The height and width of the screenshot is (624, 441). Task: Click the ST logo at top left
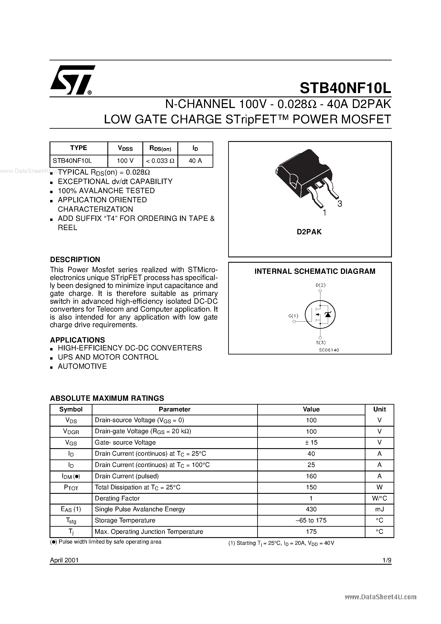(72, 80)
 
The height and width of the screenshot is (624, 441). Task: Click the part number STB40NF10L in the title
(345, 88)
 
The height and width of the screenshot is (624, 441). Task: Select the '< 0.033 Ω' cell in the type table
(160, 161)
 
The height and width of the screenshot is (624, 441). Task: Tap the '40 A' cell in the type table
(195, 161)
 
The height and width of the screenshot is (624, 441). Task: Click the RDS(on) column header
(160, 148)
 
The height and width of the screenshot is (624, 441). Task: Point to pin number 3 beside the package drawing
(340, 204)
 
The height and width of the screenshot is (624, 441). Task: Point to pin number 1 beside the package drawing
(324, 213)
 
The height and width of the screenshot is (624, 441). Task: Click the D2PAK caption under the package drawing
(309, 232)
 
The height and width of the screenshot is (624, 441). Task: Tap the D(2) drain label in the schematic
(321, 285)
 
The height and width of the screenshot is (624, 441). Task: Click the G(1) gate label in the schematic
(293, 316)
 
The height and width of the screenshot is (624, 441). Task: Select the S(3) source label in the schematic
(321, 343)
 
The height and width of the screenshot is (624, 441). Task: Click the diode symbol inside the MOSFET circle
(328, 314)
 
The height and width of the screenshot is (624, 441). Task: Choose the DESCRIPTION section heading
(75, 260)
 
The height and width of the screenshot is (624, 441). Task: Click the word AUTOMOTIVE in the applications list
(82, 366)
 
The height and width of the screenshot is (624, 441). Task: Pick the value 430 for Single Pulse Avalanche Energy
(311, 509)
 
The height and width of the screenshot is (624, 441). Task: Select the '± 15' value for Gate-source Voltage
(311, 442)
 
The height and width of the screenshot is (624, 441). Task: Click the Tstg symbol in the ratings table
(71, 520)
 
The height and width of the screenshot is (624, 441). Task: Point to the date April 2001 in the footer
(64, 560)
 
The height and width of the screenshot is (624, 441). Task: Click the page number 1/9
(387, 560)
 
